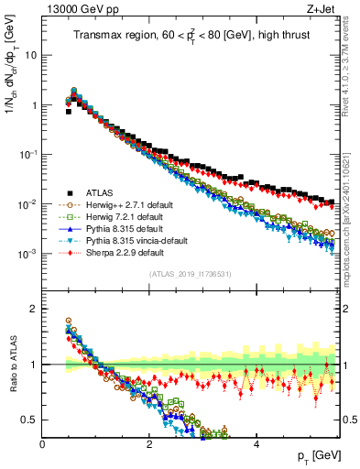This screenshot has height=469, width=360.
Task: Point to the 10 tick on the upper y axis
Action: pos(31,55)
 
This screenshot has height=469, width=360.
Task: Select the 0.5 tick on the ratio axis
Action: pos(30,420)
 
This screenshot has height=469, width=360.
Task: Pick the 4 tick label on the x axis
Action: pos(256,445)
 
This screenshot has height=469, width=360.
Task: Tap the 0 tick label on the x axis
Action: pos(42,445)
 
